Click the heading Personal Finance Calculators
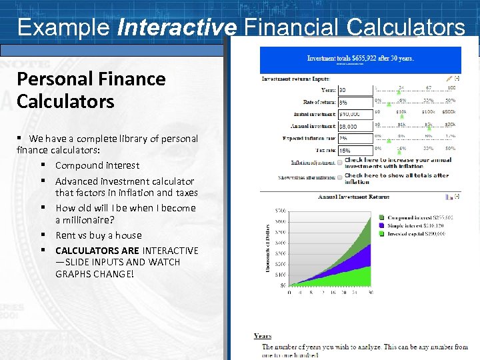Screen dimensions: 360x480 (x=91, y=90)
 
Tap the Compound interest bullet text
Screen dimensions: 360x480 (x=97, y=165)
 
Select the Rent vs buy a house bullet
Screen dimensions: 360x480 (x=98, y=235)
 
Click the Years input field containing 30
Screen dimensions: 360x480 (x=355, y=90)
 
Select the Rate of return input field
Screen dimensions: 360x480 (x=355, y=103)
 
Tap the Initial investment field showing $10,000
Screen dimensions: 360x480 (x=355, y=115)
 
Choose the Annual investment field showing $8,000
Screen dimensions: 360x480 (x=355, y=127)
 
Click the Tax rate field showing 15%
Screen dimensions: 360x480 (x=355, y=151)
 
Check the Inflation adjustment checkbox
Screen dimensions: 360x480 (x=339, y=161)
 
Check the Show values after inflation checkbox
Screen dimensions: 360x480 (x=339, y=177)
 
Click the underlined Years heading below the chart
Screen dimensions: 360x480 (x=263, y=336)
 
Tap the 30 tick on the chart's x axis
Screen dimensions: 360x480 (x=371, y=292)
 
